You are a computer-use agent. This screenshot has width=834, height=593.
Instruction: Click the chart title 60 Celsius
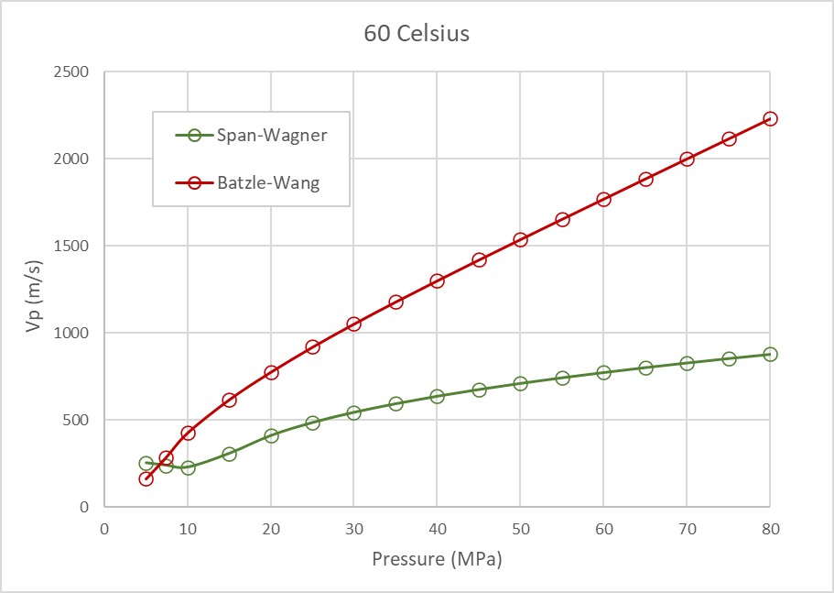(x=417, y=35)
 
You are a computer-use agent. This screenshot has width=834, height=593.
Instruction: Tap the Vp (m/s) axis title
(x=34, y=290)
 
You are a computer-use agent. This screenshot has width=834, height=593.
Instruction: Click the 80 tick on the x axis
(x=770, y=529)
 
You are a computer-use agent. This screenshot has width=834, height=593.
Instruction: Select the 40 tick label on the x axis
(x=437, y=529)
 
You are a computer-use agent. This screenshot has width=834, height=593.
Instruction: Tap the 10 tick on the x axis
(x=188, y=529)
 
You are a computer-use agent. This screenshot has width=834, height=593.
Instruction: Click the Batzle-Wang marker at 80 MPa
(x=770, y=118)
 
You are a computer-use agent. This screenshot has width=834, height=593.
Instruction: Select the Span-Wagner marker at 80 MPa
(x=770, y=354)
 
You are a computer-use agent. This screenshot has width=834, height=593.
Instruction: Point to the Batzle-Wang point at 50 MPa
(x=520, y=239)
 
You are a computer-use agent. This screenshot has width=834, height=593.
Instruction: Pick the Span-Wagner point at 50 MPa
(x=520, y=383)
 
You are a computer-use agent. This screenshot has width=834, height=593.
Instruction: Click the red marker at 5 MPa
(x=146, y=478)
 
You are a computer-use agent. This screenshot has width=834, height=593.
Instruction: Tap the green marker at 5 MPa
(x=146, y=463)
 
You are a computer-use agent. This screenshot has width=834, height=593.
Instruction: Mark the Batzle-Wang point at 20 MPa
(x=271, y=372)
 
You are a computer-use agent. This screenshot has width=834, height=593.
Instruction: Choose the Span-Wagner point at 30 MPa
(x=353, y=412)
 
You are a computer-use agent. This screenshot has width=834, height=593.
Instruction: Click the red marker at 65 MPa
(x=645, y=179)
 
